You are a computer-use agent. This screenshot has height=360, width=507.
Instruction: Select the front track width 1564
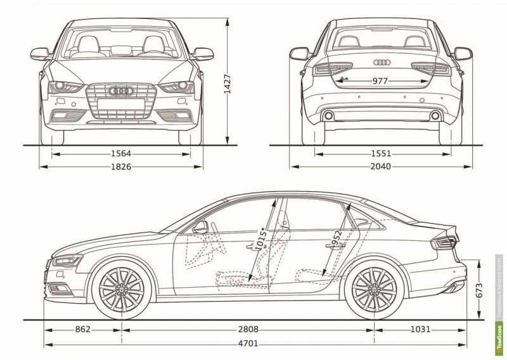[120, 153]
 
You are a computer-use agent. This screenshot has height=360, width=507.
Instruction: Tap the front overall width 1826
[120, 167]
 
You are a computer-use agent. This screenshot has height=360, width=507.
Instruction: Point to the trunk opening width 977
[380, 81]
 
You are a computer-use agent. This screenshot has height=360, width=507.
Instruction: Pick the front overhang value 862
[83, 330]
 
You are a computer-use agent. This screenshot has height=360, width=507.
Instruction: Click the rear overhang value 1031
[420, 330]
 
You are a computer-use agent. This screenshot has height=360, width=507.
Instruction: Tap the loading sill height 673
[479, 290]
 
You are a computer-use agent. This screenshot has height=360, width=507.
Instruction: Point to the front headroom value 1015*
[260, 240]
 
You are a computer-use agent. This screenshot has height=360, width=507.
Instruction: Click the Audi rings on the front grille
[121, 92]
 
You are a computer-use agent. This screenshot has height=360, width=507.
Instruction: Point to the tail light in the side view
[444, 241]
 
